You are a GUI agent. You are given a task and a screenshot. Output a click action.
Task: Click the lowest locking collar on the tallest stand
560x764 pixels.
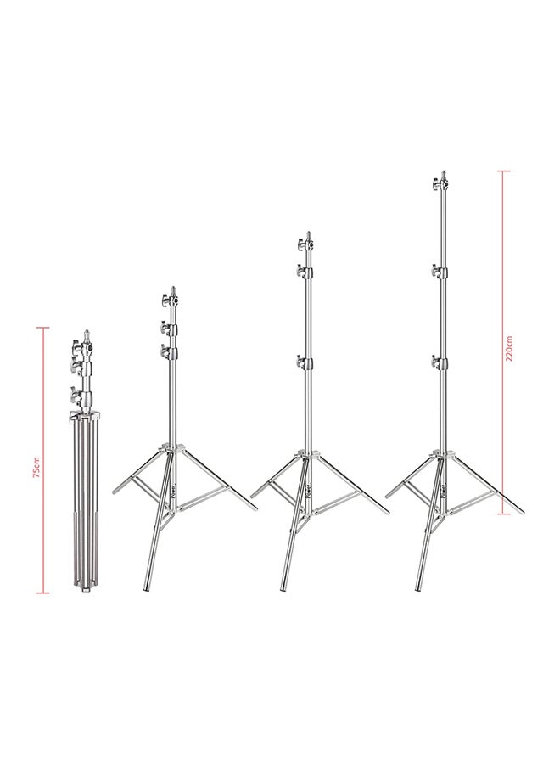[441, 363]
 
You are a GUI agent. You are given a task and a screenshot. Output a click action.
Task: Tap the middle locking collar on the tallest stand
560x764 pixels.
[441, 272]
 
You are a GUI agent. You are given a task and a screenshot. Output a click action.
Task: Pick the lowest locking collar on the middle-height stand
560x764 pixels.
[306, 363]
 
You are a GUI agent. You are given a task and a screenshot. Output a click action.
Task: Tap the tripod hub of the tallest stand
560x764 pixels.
[441, 457]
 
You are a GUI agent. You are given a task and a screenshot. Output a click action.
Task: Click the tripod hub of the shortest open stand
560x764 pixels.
[171, 451]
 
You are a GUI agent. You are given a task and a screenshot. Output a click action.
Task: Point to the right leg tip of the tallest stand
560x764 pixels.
[521, 513]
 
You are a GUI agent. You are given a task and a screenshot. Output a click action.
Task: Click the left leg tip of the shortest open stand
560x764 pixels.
[115, 492]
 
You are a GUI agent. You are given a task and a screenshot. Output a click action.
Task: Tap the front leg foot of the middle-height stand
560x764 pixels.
[284, 588]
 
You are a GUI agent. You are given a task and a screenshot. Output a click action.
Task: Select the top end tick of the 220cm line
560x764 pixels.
[504, 171]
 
